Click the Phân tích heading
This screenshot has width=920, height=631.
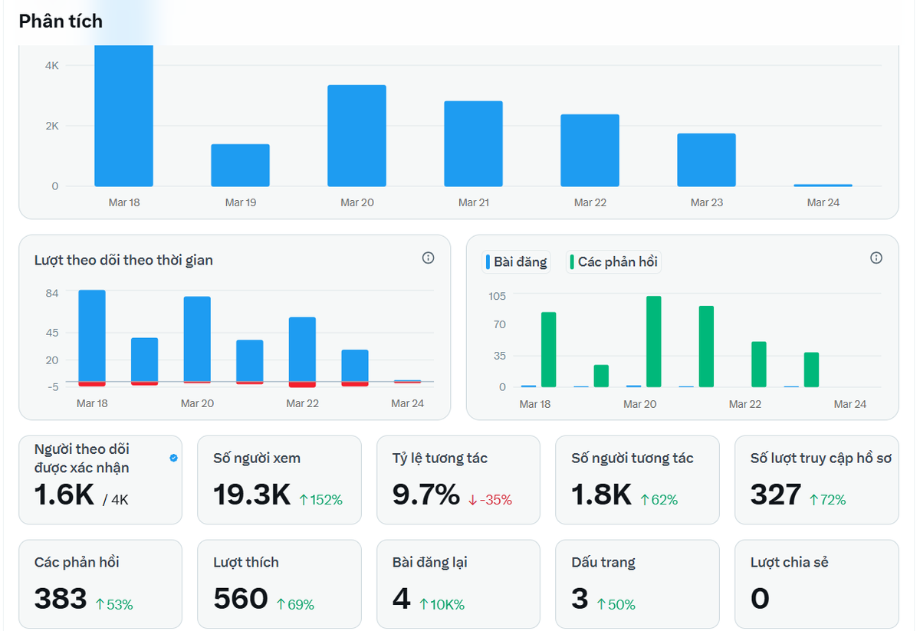[x=61, y=21]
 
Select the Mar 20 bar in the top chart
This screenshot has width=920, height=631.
[x=356, y=136]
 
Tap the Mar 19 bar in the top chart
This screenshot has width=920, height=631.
[x=240, y=166]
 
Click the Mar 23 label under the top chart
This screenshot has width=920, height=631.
[x=706, y=203]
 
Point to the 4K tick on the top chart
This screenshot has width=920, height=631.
[x=51, y=66]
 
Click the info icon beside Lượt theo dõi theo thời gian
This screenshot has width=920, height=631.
[x=428, y=258]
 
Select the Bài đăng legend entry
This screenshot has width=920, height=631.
[x=516, y=262]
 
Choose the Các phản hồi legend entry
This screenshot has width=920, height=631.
[x=613, y=262]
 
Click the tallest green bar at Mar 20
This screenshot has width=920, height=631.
[x=653, y=341]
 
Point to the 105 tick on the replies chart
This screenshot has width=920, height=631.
[x=497, y=296]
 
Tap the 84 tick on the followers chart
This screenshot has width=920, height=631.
[x=52, y=294]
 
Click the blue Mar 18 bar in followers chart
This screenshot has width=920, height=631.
[x=92, y=335]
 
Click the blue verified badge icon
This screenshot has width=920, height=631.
[x=173, y=458]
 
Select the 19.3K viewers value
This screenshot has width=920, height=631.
[x=251, y=495]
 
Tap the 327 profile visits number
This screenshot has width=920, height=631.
[x=775, y=495]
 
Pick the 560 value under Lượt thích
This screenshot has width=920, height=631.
[x=240, y=599]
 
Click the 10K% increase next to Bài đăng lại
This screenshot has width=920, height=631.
[x=442, y=605]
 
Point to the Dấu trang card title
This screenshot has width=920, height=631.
[x=603, y=562]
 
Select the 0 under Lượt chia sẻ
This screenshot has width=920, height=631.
[x=759, y=599]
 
